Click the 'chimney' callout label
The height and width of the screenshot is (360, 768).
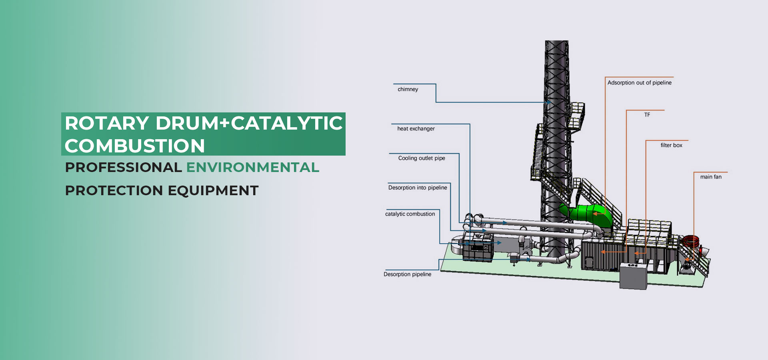408,89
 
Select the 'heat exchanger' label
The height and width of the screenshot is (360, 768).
416,128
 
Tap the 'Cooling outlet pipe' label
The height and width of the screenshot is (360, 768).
422,158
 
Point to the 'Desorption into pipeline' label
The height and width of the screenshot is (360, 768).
418,188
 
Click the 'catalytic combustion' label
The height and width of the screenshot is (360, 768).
410,214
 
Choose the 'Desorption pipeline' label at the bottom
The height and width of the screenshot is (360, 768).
407,274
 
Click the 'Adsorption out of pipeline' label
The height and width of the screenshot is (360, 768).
639,83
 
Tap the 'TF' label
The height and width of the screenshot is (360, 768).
647,115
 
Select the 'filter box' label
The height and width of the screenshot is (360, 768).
671,145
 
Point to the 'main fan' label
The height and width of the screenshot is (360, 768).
711,177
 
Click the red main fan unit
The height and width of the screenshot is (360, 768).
691,243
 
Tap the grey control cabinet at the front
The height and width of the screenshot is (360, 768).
633,276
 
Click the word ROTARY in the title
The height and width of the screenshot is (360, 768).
107,123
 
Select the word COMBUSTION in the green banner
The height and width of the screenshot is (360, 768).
135,146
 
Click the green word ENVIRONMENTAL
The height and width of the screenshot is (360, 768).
253,167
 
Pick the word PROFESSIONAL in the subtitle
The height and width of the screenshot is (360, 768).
123,167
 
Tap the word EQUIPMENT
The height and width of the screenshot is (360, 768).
213,190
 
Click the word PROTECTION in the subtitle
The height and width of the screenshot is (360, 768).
114,190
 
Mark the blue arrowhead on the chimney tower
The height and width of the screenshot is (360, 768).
548,102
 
